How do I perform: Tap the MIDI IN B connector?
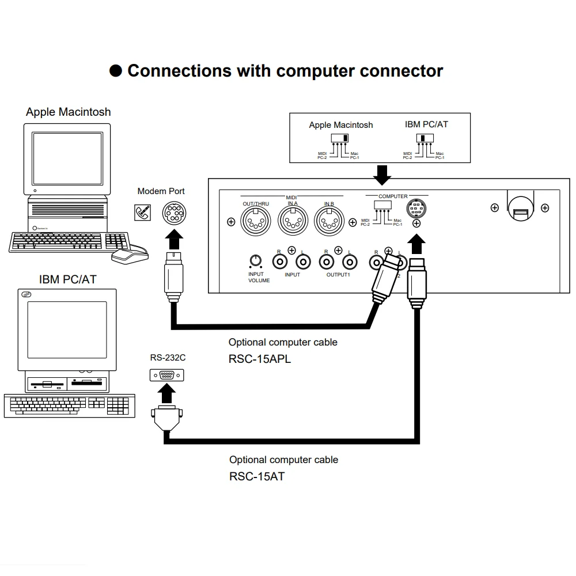(x=329, y=221)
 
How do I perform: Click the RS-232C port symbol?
(x=167, y=375)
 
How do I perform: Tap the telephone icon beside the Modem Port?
(x=142, y=212)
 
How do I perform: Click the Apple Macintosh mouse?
(x=129, y=255)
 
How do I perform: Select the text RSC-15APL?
(x=260, y=359)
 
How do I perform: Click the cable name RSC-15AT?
(x=256, y=477)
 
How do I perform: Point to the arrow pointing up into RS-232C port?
(x=167, y=395)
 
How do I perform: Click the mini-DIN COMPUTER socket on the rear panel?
(x=416, y=209)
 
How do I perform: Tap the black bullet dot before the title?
(x=116, y=71)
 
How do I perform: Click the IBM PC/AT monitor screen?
(x=67, y=329)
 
